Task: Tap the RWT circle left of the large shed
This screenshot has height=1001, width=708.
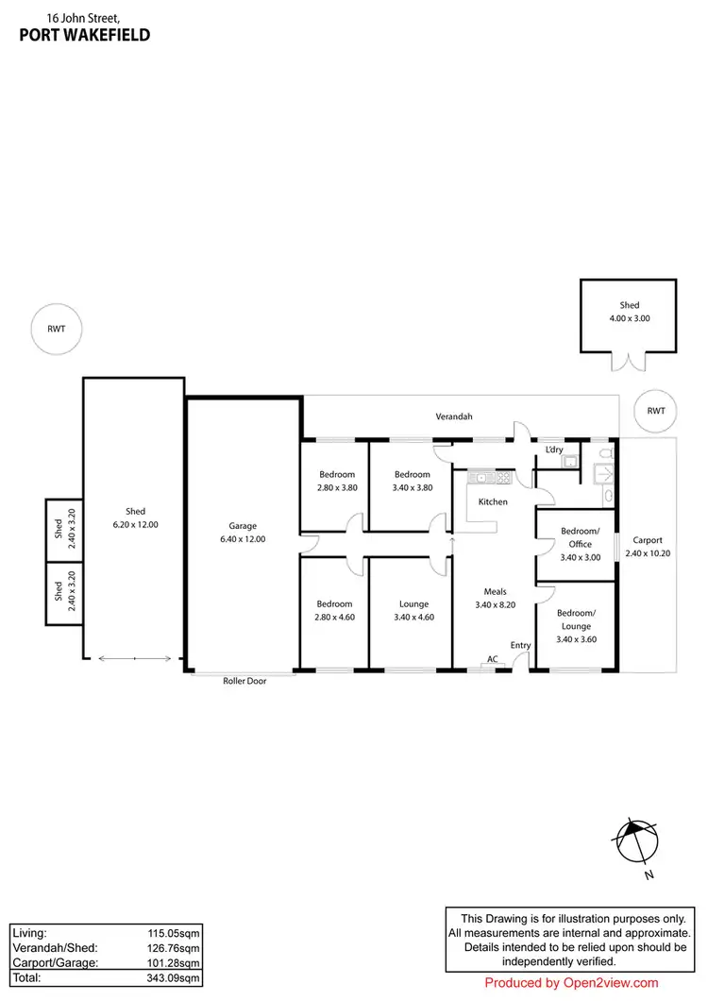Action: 53,331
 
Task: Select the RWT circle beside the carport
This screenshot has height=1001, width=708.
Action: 656,411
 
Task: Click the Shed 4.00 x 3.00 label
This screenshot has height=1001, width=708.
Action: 629,312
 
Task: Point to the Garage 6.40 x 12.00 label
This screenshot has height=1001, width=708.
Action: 243,533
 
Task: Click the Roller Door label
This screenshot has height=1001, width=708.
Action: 244,680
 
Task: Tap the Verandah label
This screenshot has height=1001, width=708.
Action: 453,416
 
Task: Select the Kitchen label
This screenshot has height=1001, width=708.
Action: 493,501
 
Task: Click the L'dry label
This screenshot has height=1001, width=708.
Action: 555,450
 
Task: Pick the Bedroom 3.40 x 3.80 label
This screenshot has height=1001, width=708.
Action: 412,481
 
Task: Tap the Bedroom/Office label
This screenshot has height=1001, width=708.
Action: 576,538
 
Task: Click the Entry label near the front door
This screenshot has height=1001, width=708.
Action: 520,645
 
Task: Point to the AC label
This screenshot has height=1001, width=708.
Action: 492,658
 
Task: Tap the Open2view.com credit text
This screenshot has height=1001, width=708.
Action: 571,983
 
